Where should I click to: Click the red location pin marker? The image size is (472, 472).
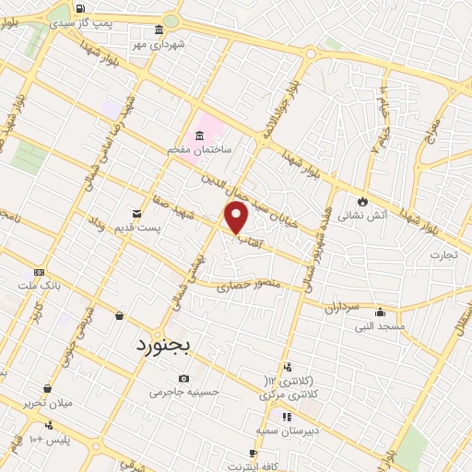(237, 218)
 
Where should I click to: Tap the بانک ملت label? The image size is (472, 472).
(41, 286)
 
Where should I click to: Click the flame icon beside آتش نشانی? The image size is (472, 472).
(363, 200)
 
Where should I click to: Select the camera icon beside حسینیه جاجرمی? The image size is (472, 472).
(184, 378)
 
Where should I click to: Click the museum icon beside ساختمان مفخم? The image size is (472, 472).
(199, 135)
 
